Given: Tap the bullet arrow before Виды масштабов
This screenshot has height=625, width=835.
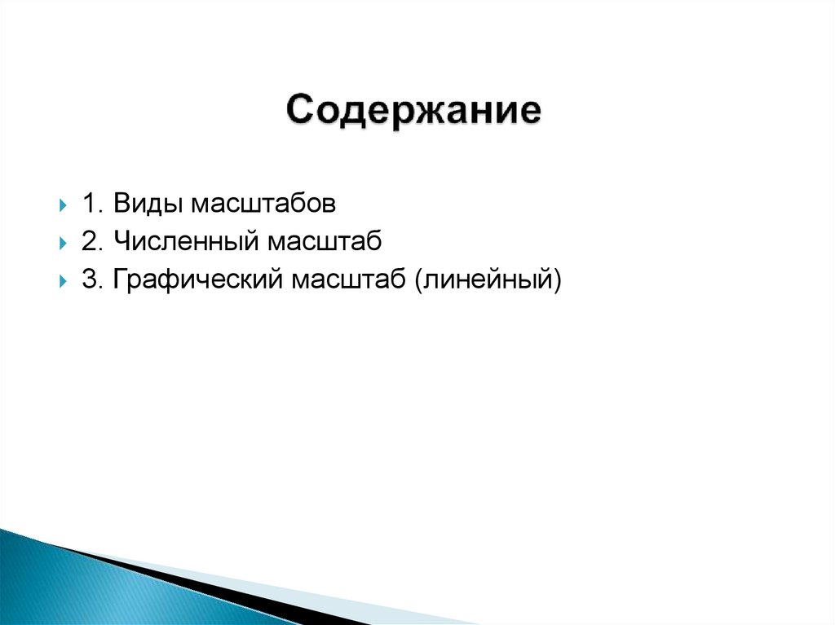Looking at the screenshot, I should point(63,205).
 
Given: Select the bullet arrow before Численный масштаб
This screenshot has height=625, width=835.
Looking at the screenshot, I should point(63,243).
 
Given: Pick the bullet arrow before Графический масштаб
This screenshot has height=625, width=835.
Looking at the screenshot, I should point(63,281).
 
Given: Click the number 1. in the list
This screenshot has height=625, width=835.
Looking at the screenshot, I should point(93,203).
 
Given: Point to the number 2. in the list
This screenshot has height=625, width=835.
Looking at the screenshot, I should point(93,241).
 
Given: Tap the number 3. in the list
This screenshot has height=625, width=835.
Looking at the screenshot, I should point(93,279).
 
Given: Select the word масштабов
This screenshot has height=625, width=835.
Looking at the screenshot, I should point(263,203).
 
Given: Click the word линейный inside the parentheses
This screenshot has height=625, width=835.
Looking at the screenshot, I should point(487,280).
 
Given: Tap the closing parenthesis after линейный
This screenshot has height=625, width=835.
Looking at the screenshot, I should point(558,280).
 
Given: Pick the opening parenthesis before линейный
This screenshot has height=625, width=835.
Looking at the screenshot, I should point(419,280).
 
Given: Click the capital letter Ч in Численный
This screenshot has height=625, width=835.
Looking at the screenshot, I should point(121,241).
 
